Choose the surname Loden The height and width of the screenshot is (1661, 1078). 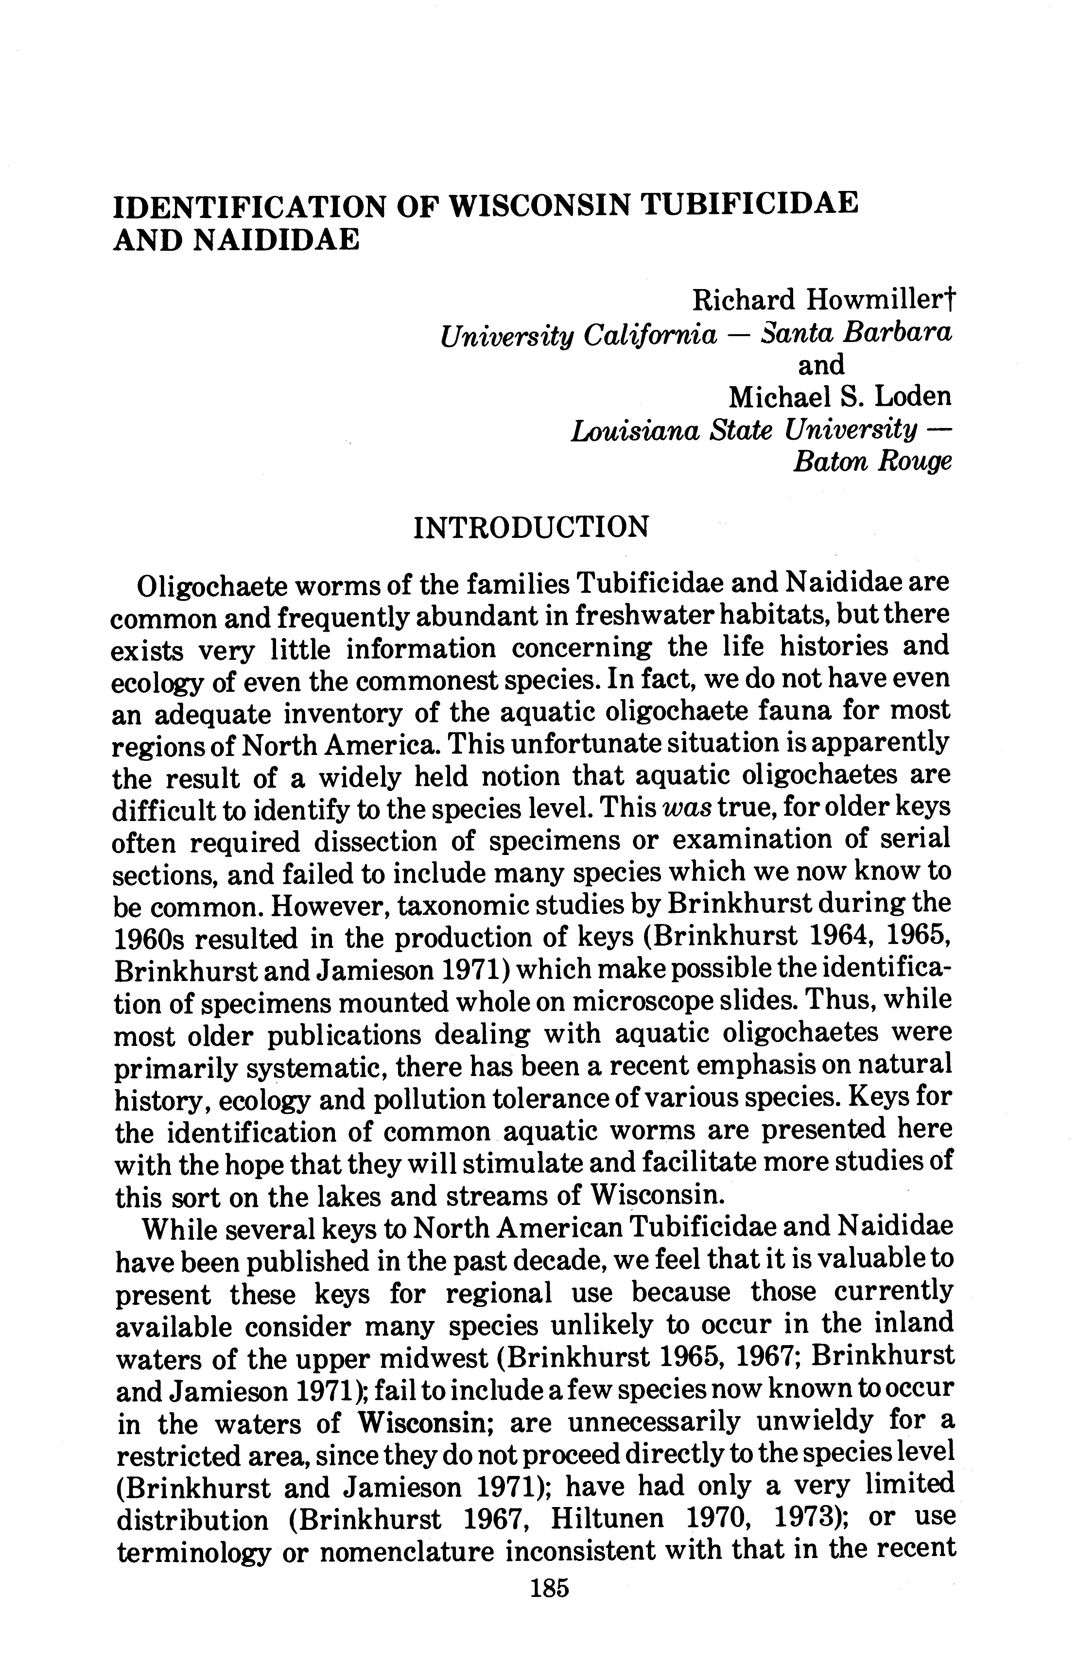[x=913, y=397]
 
